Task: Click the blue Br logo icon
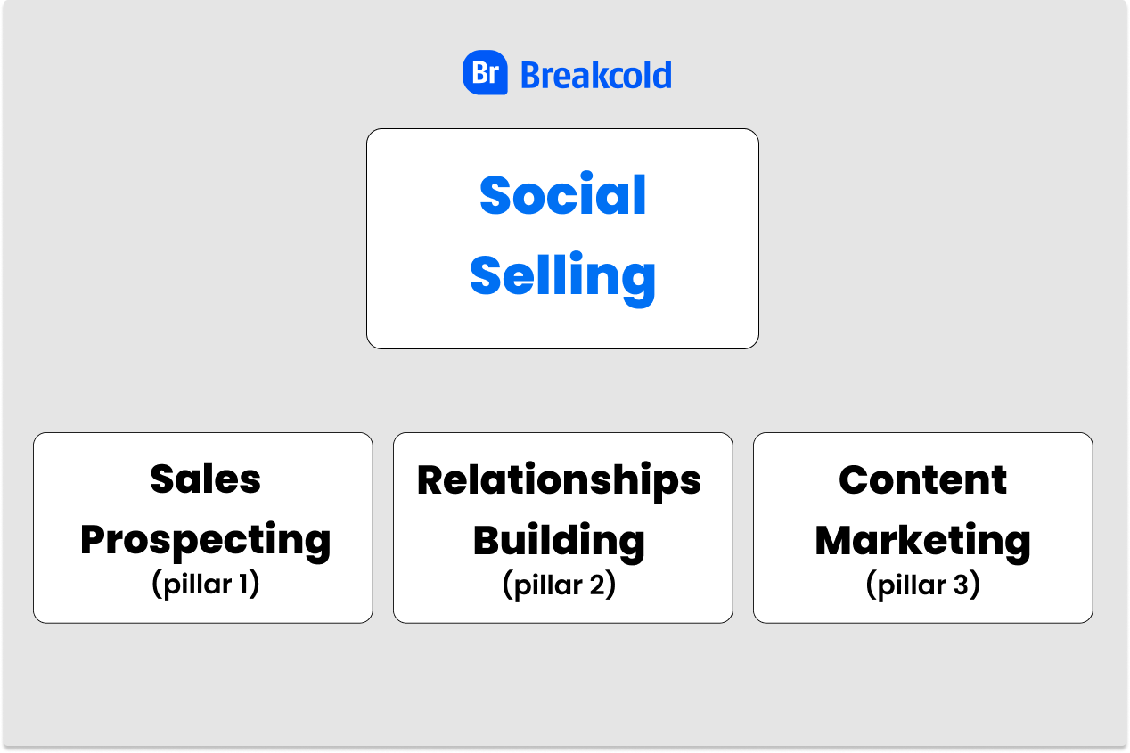(x=485, y=73)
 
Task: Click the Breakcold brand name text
(x=596, y=75)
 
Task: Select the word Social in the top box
(x=562, y=194)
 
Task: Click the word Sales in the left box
(x=205, y=479)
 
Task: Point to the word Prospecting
(x=205, y=542)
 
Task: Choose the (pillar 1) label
(x=205, y=585)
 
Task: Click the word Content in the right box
(x=922, y=479)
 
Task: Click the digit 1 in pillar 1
(x=243, y=584)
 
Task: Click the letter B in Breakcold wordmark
(x=530, y=76)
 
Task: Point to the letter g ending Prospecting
(x=315, y=547)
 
